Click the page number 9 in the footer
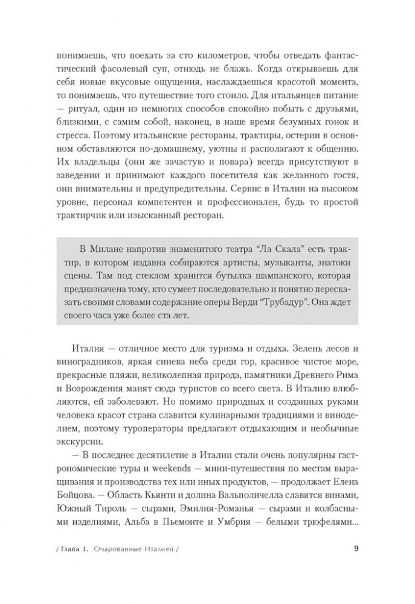click(356, 566)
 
